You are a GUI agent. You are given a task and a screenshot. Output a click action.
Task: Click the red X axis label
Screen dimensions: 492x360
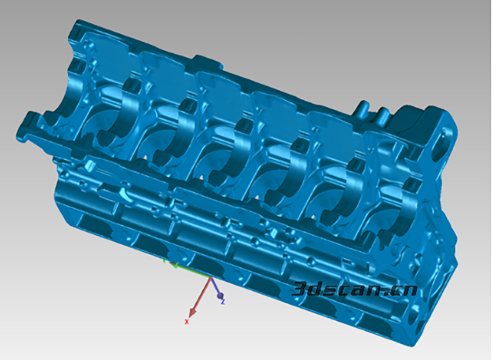click(x=187, y=321)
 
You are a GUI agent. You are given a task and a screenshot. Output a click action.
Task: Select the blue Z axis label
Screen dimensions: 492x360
click(x=223, y=302)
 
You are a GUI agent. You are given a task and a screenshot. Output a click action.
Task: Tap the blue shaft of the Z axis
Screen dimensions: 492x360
click(x=214, y=285)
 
